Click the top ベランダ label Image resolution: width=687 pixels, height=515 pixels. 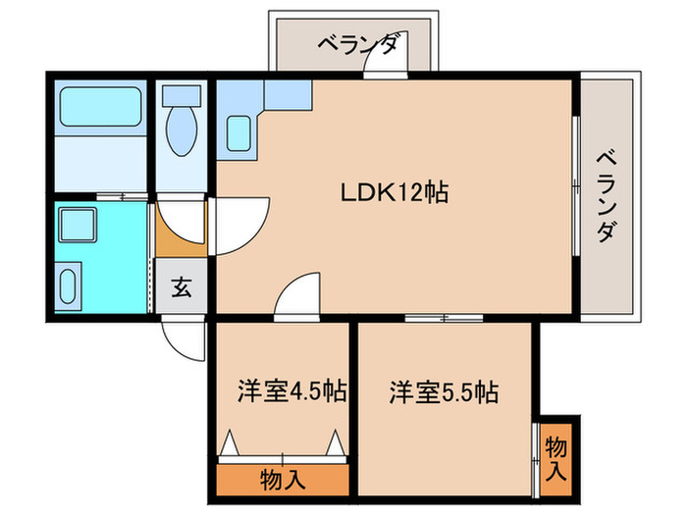point(357,44)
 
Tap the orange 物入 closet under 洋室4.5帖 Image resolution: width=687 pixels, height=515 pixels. point(283,480)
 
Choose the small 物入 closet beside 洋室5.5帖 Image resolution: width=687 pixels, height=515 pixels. point(555,458)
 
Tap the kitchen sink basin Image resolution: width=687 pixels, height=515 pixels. point(240,131)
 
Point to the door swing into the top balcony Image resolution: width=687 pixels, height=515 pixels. point(378,61)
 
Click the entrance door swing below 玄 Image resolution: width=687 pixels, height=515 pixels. point(183,338)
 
